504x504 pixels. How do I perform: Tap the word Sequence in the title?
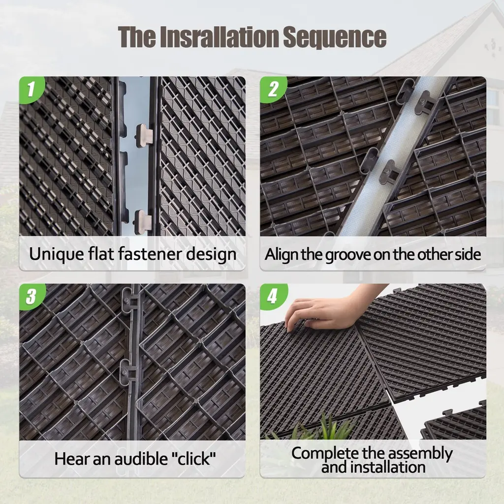pyautogui.click(x=335, y=38)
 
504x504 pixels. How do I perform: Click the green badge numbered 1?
pyautogui.click(x=31, y=89)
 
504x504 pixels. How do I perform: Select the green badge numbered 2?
pyautogui.click(x=273, y=89)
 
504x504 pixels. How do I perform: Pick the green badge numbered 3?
pyautogui.click(x=31, y=296)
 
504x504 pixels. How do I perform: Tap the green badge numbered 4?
pyautogui.click(x=273, y=296)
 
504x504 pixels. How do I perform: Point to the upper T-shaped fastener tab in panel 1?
pyautogui.click(x=144, y=135)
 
